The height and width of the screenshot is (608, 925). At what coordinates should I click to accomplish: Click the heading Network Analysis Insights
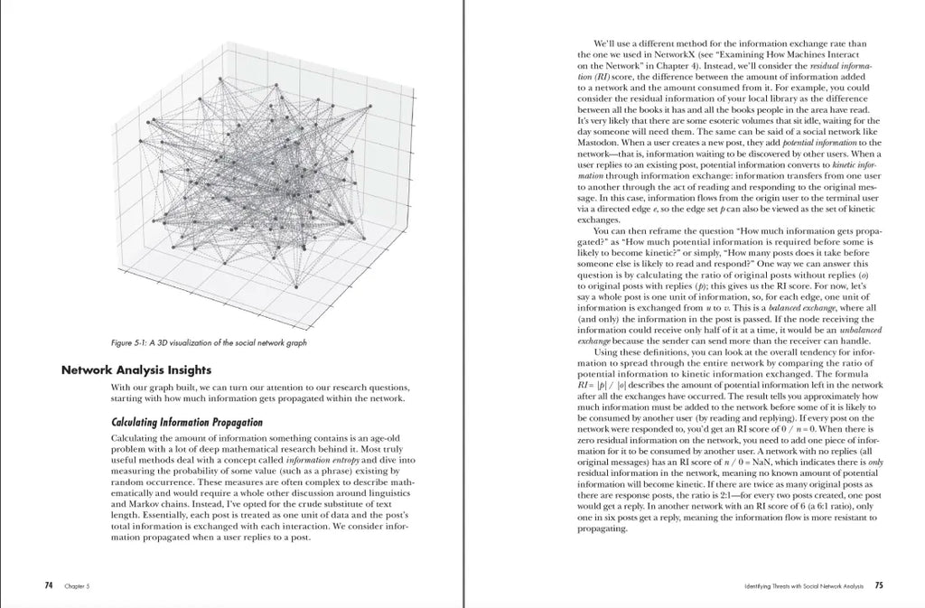(135, 369)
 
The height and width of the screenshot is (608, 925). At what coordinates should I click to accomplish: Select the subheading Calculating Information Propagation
(186, 422)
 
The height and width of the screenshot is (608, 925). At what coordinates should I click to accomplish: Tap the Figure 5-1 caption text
(208, 342)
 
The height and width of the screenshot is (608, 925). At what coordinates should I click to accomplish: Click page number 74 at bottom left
(49, 585)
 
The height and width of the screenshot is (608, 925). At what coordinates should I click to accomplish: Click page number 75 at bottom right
(879, 585)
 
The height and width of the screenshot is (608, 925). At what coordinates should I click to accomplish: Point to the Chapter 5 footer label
(75, 586)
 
